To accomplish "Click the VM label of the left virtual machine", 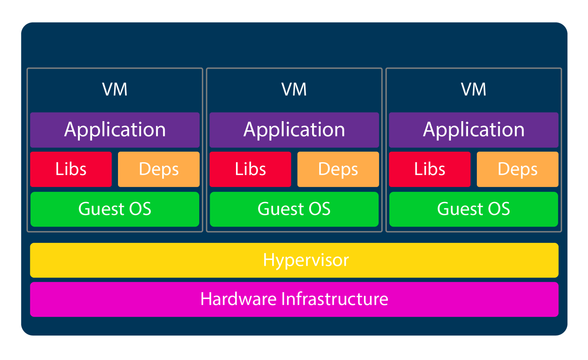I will tap(115, 89).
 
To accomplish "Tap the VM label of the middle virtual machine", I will tap(294, 89).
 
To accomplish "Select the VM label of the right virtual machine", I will tap(474, 89).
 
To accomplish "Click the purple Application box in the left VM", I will tap(115, 130).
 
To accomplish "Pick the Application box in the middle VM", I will tap(294, 130).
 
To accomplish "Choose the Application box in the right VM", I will tap(474, 130).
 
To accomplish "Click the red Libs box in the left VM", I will tap(71, 169).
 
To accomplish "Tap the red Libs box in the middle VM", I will tap(250, 169).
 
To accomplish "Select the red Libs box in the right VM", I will tap(430, 169).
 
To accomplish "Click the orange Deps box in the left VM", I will tap(159, 169).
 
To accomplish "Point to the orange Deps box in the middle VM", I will tap(338, 169).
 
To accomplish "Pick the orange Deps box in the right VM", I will tap(518, 169).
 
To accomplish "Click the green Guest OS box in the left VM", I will tap(115, 209).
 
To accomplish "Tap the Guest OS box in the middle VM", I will tap(294, 209).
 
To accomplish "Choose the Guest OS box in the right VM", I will tap(474, 209).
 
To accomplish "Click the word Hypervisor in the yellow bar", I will tap(306, 260).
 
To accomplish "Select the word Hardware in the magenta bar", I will tap(239, 299).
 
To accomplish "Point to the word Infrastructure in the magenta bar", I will tap(335, 299).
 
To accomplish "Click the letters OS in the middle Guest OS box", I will tap(319, 209).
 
